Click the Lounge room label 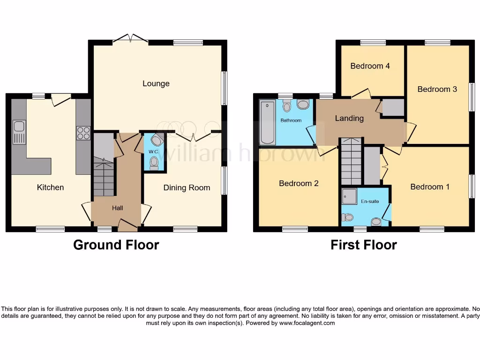click(156, 84)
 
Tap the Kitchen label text click(50, 187)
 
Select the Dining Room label click(187, 188)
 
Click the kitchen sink click(19, 132)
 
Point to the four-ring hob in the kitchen click(83, 133)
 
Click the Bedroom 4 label click(370, 66)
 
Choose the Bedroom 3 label click(437, 89)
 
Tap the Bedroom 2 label click(299, 183)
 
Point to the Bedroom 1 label click(429, 187)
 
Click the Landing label click(349, 119)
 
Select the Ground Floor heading click(116, 245)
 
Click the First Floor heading click(363, 245)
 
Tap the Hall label click(117, 208)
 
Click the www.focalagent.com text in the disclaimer click(307, 323)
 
